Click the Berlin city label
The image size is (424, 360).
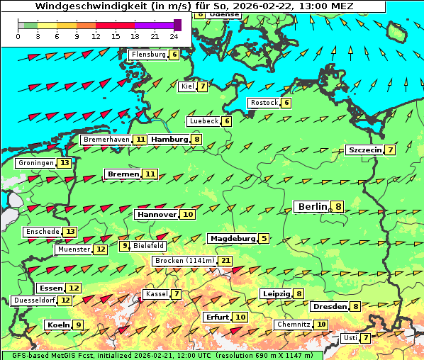coord(312,206)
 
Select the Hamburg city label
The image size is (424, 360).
coord(168,140)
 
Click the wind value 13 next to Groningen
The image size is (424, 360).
coord(65,163)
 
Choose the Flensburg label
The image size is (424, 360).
coord(148,55)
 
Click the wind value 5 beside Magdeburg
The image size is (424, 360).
coord(264,239)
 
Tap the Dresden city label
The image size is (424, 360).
coord(329,307)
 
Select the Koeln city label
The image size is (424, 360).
coord(57,325)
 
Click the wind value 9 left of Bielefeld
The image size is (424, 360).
coord(125,246)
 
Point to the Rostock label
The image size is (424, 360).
coord(264,103)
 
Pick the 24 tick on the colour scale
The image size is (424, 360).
coord(174,36)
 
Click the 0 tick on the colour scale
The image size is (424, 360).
coord(18,36)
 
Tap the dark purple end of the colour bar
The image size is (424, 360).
coord(177,25)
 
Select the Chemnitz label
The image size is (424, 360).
coord(294,325)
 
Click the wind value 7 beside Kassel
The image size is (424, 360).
coord(177,294)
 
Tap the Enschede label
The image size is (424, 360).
coord(42,232)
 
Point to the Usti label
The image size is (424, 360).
coord(350,338)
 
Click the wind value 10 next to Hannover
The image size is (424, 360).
coord(188,214)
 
